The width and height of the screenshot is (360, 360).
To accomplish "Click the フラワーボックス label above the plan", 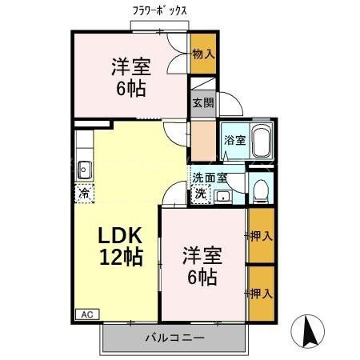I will (x=160, y=11).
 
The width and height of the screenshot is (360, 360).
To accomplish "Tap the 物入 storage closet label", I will (x=203, y=54).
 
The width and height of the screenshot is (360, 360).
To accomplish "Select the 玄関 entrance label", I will (x=202, y=102).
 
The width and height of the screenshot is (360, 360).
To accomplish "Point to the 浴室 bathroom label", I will (x=234, y=140).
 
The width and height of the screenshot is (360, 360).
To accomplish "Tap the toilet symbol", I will (x=260, y=187).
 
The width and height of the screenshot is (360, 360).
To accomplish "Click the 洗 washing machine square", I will (x=198, y=194).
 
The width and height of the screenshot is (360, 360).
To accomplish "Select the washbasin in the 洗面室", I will (x=224, y=194).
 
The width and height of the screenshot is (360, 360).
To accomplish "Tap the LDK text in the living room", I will (x=121, y=236).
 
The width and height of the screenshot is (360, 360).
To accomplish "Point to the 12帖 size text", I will (x=121, y=258).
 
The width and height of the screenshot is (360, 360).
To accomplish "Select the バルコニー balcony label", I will (x=174, y=338).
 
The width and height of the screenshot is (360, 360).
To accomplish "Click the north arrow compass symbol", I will (x=310, y=330).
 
